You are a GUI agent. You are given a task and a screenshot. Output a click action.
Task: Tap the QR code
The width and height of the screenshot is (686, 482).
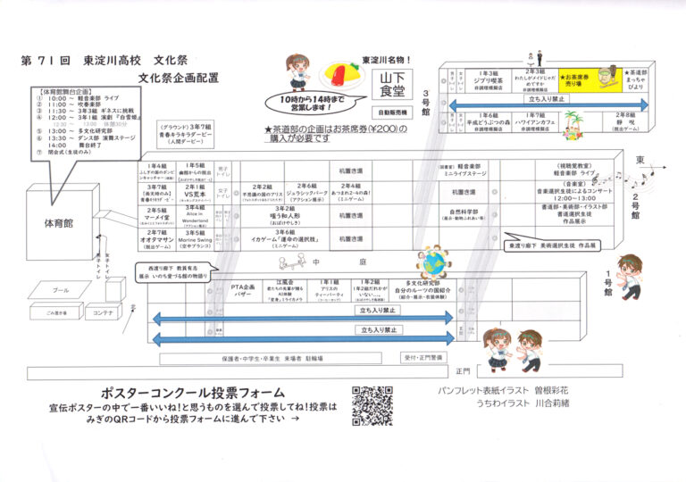[372, 406]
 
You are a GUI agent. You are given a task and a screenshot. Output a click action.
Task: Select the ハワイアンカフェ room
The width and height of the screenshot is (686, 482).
[538, 120]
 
